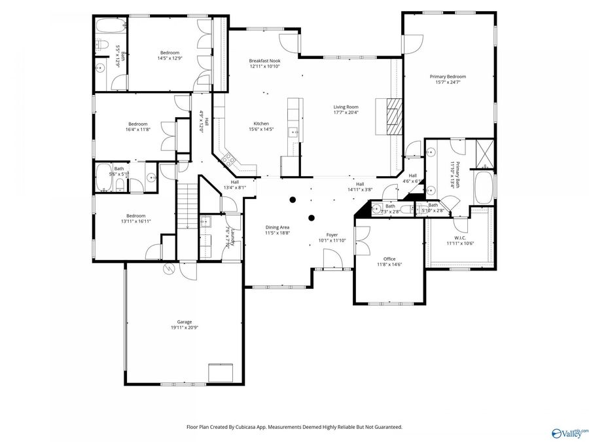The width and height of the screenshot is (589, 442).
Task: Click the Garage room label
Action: (x=184, y=322)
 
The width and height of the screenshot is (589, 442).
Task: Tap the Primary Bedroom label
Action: (x=448, y=77)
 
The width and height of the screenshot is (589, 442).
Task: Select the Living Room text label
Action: (x=346, y=107)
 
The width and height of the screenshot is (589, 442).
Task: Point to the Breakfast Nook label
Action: (x=264, y=61)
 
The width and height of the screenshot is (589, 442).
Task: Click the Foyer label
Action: (x=332, y=234)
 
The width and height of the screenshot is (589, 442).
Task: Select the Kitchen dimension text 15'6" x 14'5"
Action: (x=262, y=130)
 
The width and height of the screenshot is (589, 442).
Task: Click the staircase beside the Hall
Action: (x=188, y=204)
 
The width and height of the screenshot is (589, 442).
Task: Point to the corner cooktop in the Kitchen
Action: (x=230, y=158)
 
